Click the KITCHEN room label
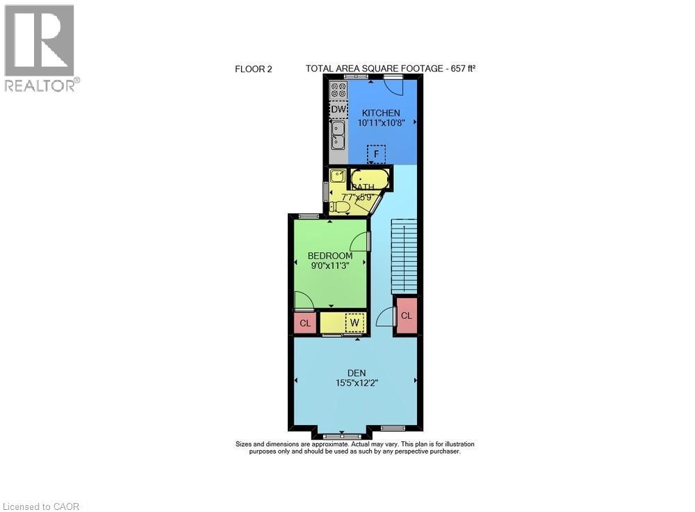[380, 113]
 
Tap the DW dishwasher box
[338, 110]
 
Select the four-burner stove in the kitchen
[338, 90]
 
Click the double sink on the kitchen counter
[338, 135]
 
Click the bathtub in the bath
[370, 177]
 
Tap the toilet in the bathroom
[340, 206]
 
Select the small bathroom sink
[337, 175]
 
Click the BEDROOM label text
[330, 256]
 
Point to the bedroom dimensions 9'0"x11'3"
[330, 265]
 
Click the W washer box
[354, 322]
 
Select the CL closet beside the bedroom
[304, 323]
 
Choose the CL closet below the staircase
[406, 315]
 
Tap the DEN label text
[357, 373]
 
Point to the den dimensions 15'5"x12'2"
[357, 382]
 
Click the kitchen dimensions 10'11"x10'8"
[380, 122]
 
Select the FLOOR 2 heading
[254, 69]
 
